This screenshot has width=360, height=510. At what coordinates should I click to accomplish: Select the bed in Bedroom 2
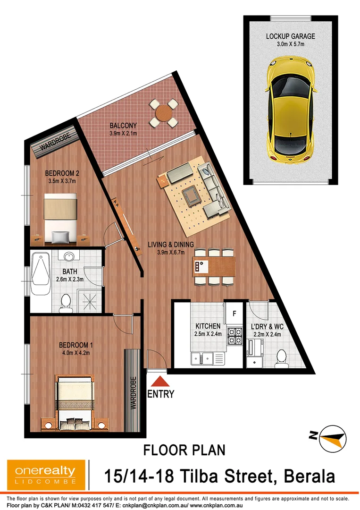(x=60, y=217)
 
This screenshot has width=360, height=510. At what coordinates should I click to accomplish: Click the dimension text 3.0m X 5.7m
(x=290, y=45)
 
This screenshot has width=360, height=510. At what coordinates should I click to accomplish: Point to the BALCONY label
(x=123, y=126)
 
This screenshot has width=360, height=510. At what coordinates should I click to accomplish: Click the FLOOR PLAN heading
(x=184, y=449)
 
